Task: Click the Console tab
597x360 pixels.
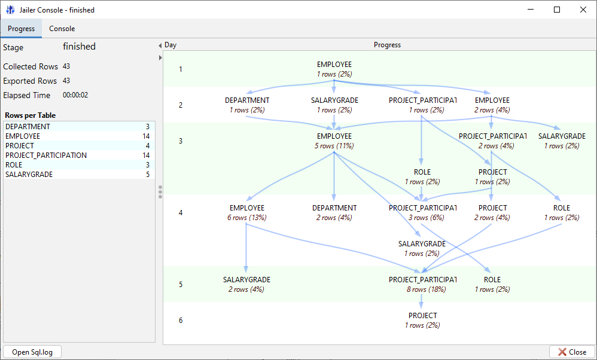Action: [62, 29]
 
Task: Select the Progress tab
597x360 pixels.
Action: [21, 29]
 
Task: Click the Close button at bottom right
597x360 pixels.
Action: [572, 352]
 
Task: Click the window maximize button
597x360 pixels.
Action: [556, 10]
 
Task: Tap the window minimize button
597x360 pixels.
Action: [529, 10]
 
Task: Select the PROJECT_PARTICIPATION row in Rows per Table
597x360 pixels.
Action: [45, 155]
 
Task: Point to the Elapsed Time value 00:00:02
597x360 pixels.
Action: [75, 95]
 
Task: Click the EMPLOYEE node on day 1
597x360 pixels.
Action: [334, 69]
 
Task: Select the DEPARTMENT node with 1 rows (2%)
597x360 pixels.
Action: [247, 105]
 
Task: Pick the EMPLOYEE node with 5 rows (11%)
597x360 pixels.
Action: [334, 141]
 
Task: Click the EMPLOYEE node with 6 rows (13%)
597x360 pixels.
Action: [246, 212]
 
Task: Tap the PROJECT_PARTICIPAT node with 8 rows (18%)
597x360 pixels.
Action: [422, 284]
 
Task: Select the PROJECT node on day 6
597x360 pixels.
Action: [422, 320]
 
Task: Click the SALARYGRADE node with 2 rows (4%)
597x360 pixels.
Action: [246, 284]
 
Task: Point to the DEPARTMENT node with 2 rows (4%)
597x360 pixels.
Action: [334, 212]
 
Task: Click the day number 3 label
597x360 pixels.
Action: [181, 141]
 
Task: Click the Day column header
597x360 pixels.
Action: [170, 45]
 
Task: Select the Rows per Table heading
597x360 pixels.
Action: [30, 115]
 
